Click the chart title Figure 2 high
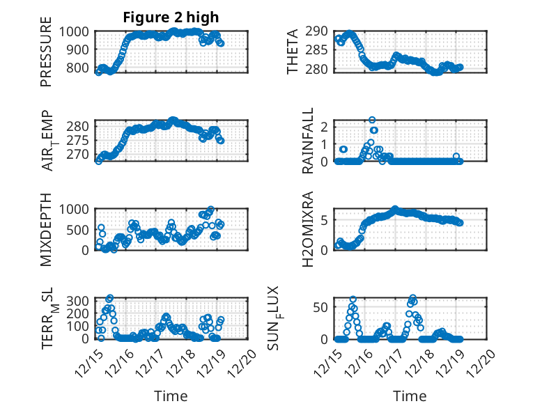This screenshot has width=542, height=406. point(171,17)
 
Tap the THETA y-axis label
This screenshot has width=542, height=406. point(293,52)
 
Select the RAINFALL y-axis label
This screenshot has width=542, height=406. point(307,141)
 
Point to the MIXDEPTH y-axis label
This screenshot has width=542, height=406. point(46,228)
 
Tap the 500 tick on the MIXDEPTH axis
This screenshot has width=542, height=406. point(79,229)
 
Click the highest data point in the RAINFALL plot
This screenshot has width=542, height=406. point(372,120)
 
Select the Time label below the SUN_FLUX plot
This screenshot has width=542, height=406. point(410,396)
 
